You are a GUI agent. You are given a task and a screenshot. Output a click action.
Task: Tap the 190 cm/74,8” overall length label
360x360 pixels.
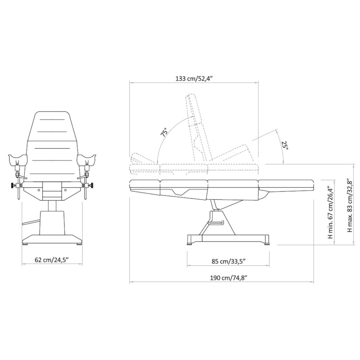[x=229, y=278]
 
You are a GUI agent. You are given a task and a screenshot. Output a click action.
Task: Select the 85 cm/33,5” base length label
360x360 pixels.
[x=229, y=261]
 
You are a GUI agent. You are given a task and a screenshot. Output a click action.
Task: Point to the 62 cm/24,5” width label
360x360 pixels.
[x=52, y=260]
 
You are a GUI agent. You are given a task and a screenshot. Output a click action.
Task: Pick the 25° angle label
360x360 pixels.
[x=285, y=145]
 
